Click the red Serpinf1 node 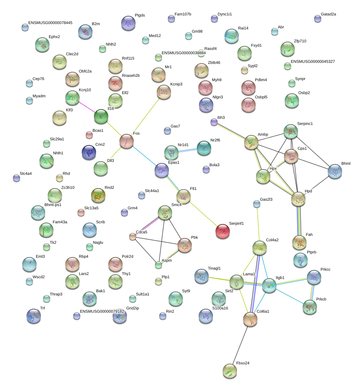[x=223, y=231]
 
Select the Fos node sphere [x=127, y=141]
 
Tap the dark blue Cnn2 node [x=89, y=152]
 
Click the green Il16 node [x=101, y=116]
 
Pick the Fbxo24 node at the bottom [x=230, y=371]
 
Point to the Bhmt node [x=335, y=171]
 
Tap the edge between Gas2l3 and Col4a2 [x=258, y=224]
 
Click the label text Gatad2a [x=328, y=14]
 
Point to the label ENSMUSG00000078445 [x=50, y=23]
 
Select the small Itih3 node [x=214, y=122]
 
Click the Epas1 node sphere [x=162, y=170]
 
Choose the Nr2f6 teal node [x=204, y=148]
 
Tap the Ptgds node [x=128, y=23]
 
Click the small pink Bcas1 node [x=89, y=135]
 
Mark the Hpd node [x=298, y=199]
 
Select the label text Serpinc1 [x=305, y=123]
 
